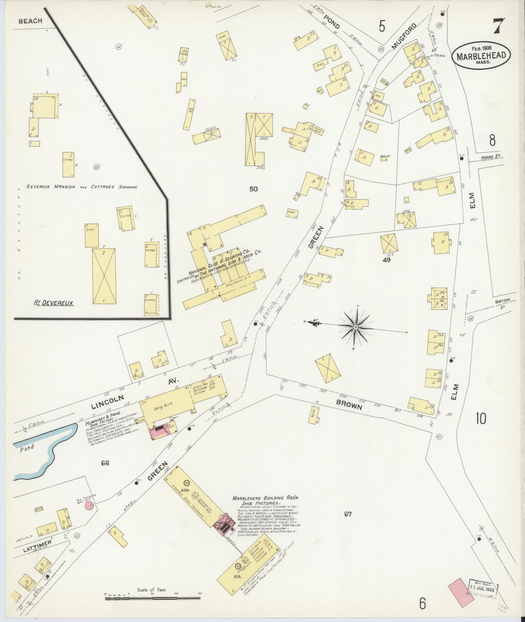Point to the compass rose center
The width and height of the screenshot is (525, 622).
coord(356,326)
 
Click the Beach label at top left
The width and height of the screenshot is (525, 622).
coord(30,21)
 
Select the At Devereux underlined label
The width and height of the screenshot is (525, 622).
coord(53,303)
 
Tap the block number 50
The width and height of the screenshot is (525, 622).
coord(253,189)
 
